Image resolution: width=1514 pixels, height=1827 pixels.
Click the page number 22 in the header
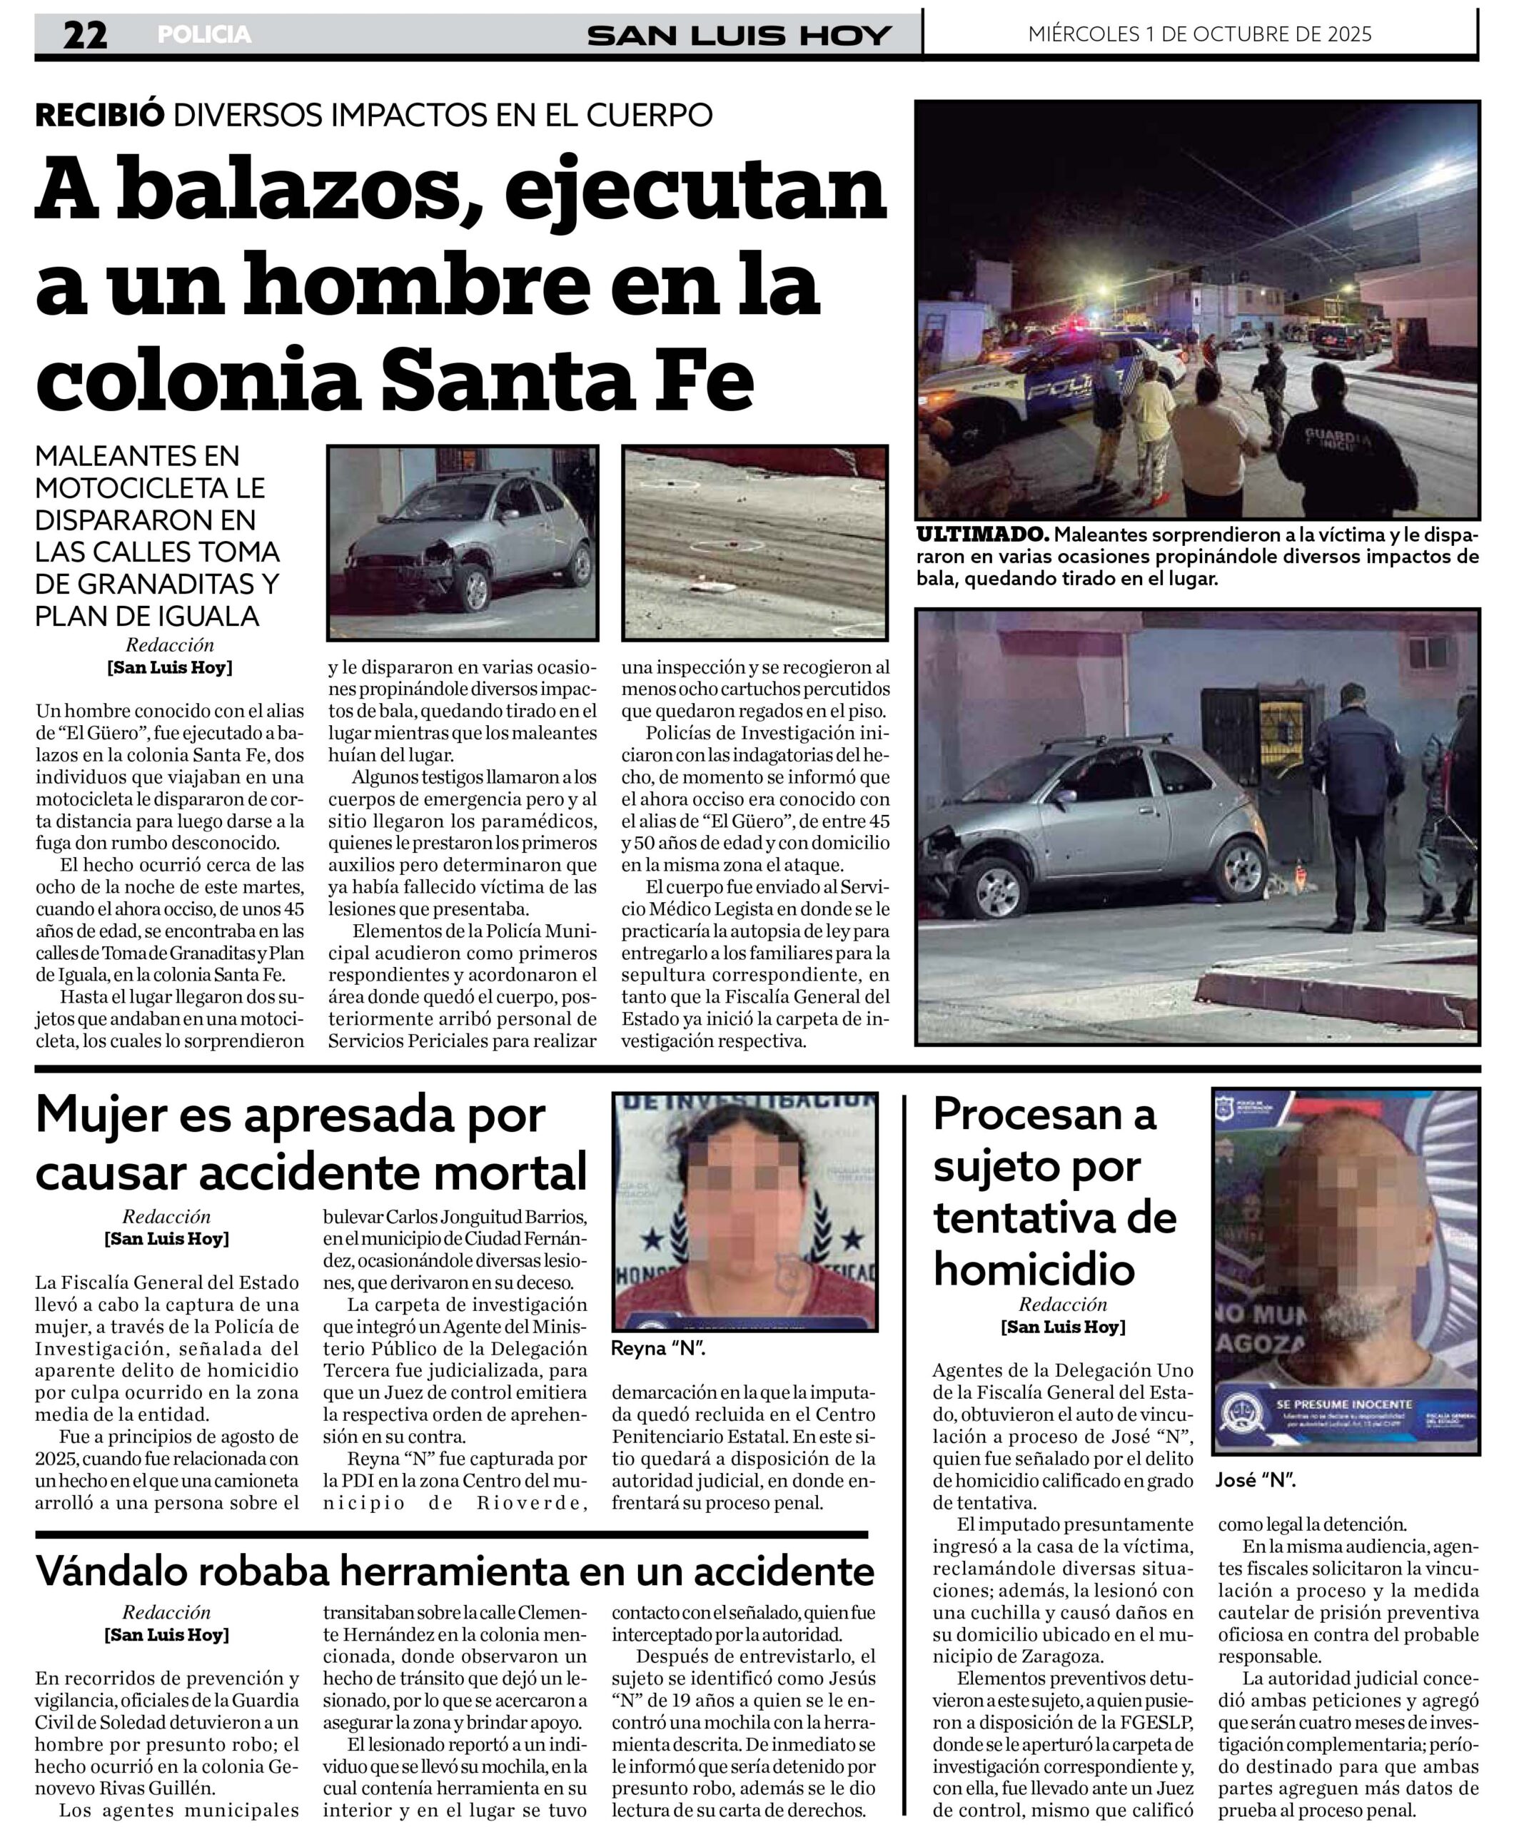point(84,35)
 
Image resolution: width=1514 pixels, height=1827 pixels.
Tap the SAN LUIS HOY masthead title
point(739,36)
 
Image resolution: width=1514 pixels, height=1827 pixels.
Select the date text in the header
point(1199,34)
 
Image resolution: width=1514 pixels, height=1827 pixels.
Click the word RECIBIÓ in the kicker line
point(99,115)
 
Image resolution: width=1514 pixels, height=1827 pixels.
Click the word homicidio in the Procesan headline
point(1034,1270)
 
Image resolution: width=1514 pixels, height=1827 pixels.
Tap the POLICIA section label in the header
point(203,35)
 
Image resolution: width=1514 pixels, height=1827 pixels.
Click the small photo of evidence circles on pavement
point(755,543)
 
